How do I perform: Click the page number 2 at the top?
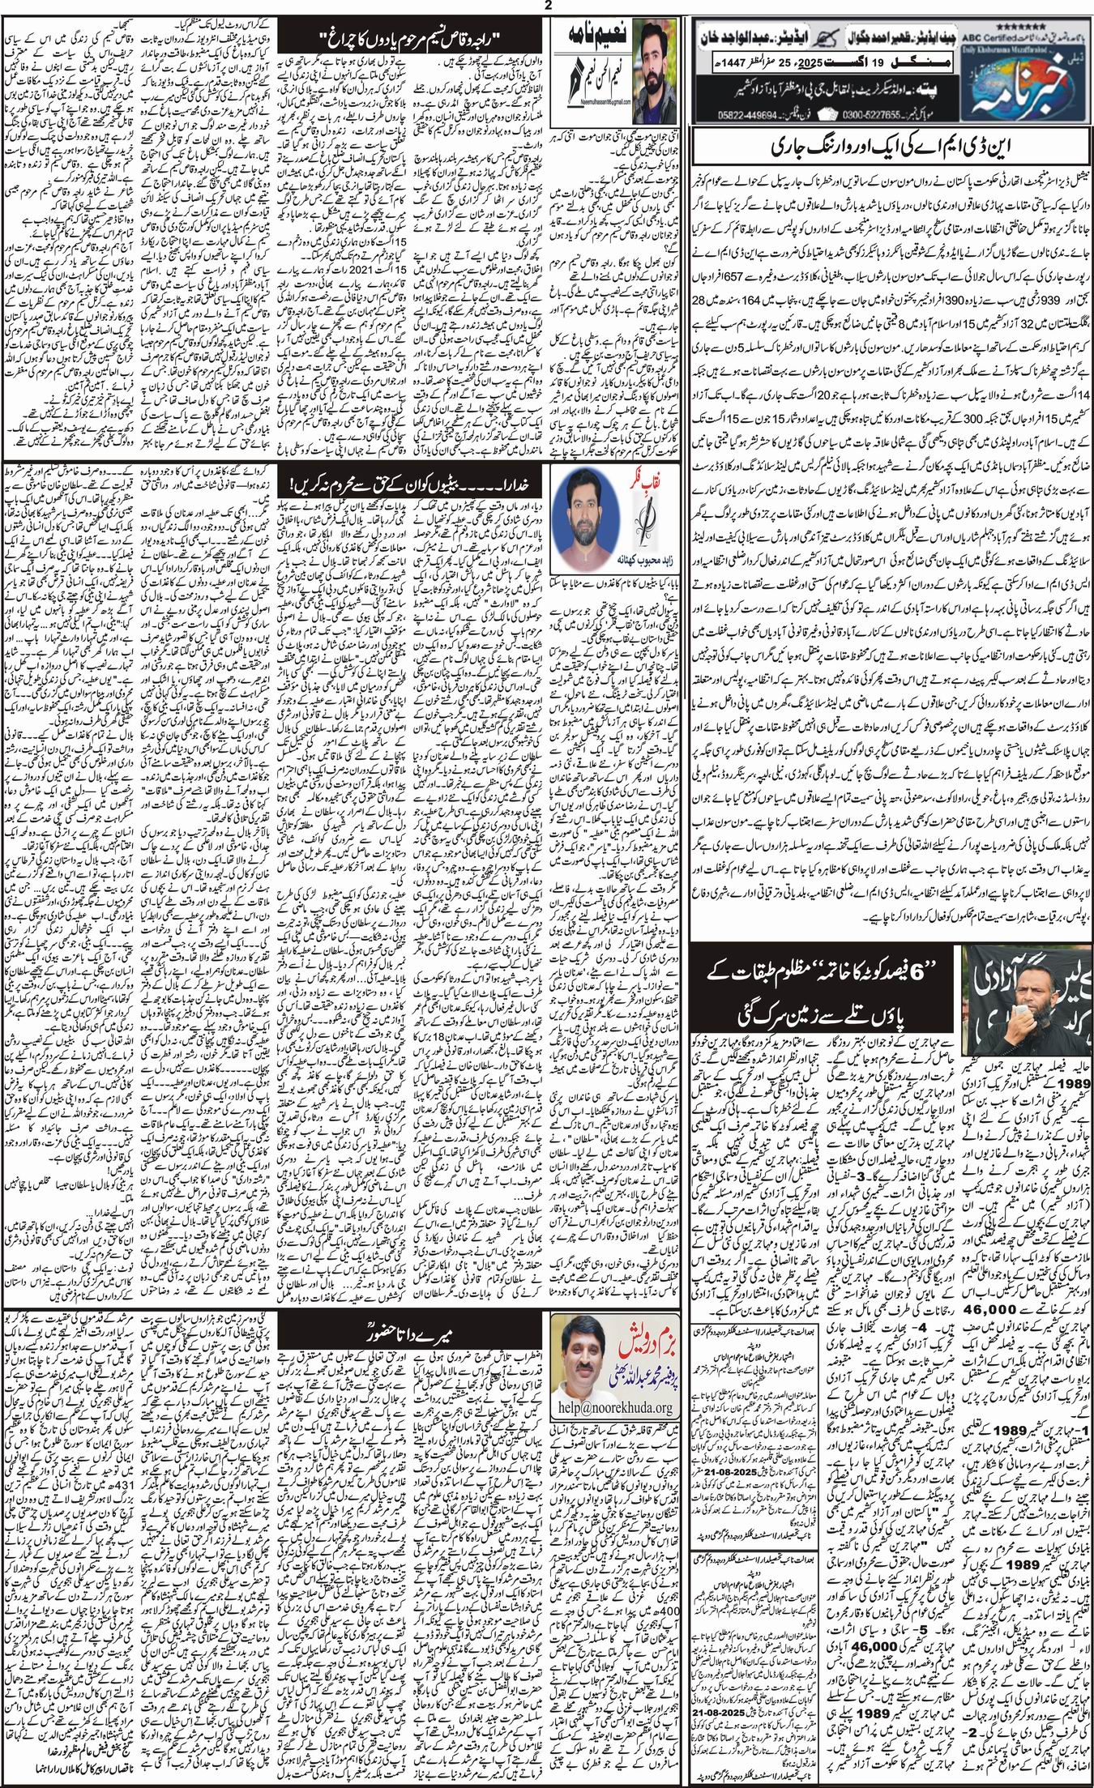(548, 7)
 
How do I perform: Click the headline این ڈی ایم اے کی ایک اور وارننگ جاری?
(889, 149)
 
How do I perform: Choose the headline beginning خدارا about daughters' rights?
(412, 484)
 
